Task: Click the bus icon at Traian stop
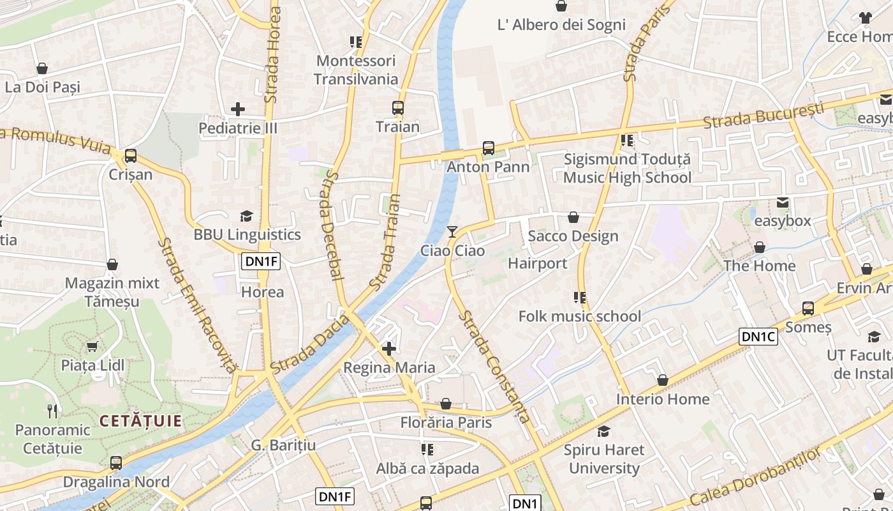click(398, 108)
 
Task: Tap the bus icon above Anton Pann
click(489, 148)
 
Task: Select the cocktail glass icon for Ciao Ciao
click(452, 231)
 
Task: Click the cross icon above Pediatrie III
click(238, 109)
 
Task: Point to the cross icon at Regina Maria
click(389, 349)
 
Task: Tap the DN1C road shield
click(758, 337)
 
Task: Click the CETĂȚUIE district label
click(140, 421)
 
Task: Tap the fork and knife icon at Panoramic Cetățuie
click(53, 411)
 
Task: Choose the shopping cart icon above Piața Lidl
click(92, 346)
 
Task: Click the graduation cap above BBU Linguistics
click(246, 216)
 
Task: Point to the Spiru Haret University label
click(603, 459)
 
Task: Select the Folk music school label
click(579, 316)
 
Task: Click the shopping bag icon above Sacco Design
click(573, 217)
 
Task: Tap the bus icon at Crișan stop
click(131, 155)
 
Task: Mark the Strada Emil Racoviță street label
click(196, 305)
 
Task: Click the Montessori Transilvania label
click(356, 70)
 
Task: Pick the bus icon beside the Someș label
click(808, 309)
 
